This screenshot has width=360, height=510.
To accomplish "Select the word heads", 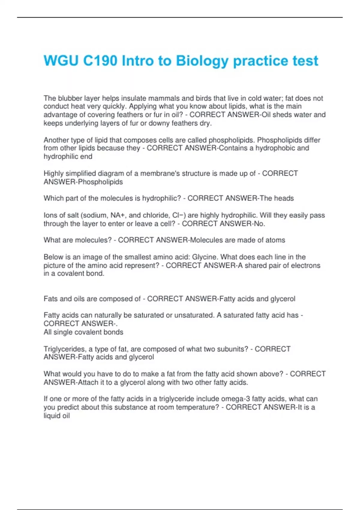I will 283,198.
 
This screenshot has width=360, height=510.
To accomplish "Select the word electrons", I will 303,265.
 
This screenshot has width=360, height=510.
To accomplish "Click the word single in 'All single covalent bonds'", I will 64,332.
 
